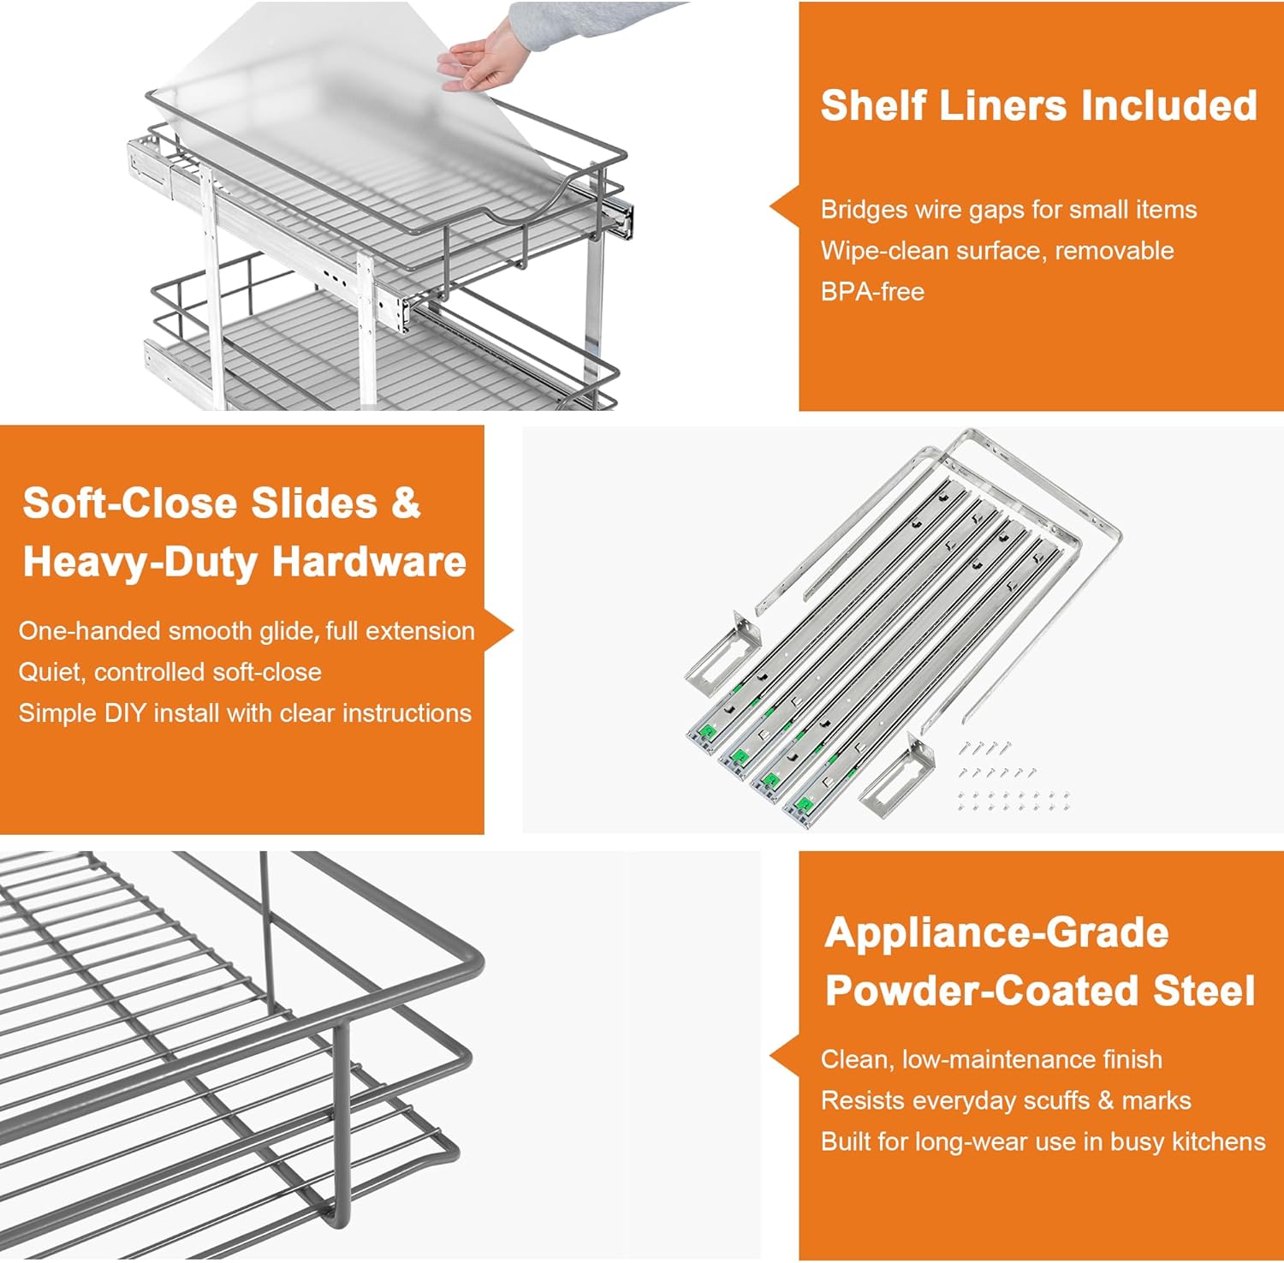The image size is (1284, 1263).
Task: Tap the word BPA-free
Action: click(872, 292)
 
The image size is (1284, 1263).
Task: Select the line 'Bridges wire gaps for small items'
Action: click(1008, 210)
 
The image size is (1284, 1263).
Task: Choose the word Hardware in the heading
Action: click(368, 563)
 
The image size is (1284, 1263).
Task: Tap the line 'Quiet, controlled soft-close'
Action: click(170, 672)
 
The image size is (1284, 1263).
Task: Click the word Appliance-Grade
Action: click(996, 932)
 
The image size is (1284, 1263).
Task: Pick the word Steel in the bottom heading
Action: click(1204, 991)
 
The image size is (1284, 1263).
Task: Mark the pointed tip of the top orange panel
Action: click(770, 207)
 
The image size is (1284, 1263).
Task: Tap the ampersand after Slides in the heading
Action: click(406, 503)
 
